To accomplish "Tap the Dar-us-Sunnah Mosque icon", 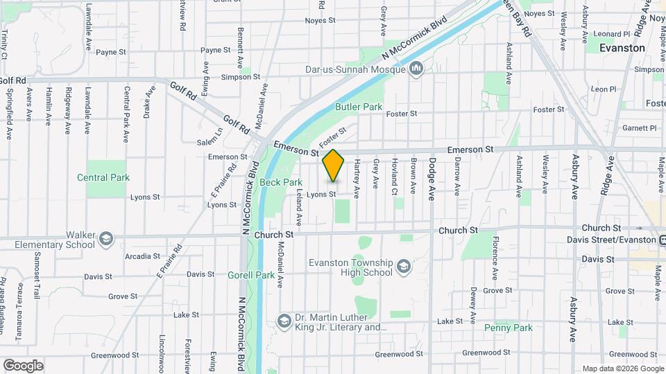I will pyautogui.click(x=416, y=69).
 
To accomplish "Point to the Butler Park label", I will pyautogui.click(x=359, y=107).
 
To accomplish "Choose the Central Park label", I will pyautogui.click(x=103, y=177).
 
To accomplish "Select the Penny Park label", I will pyautogui.click(x=508, y=328).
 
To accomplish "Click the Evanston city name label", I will pyautogui.click(x=622, y=48).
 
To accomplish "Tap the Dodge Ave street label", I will pyautogui.click(x=432, y=179).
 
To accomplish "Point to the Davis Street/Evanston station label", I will pyautogui.click(x=620, y=240).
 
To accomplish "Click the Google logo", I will pyautogui.click(x=23, y=365).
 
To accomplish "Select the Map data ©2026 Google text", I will pyautogui.click(x=622, y=368).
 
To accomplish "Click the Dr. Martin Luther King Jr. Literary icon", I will pyautogui.click(x=284, y=322).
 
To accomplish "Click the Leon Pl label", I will pyautogui.click(x=603, y=89).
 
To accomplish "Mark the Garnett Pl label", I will pyautogui.click(x=640, y=128).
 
